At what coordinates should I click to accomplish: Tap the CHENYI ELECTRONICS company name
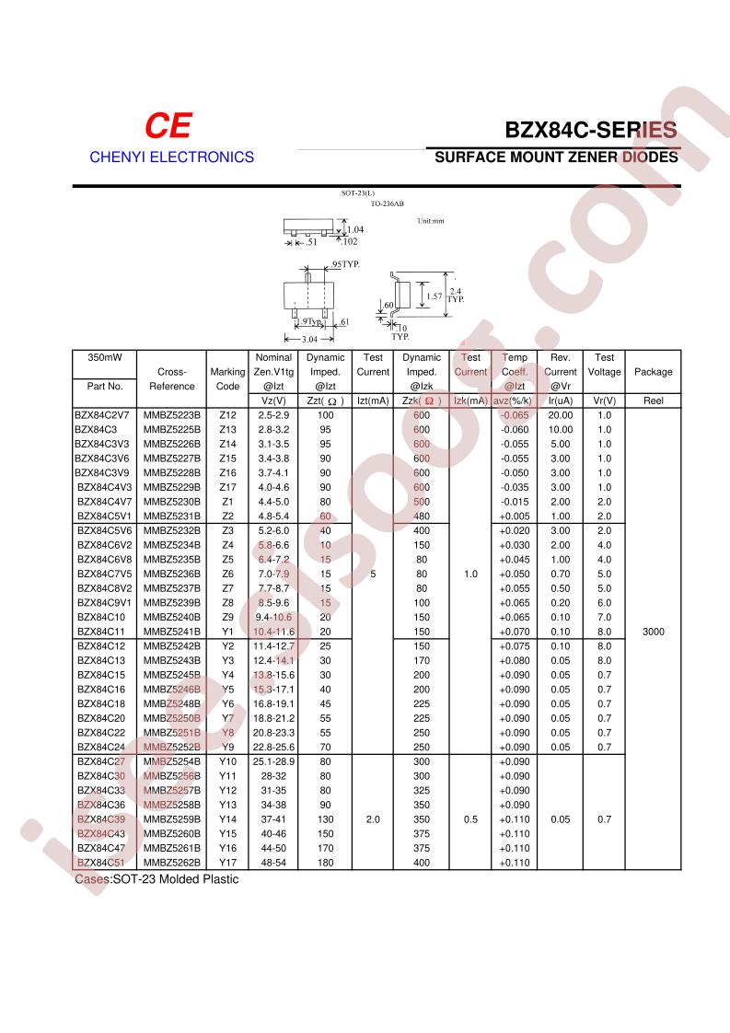[171, 157]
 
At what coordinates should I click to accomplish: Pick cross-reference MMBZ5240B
[171, 616]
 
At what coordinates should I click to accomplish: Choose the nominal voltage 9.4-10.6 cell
[273, 616]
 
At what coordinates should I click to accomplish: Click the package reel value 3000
[652, 632]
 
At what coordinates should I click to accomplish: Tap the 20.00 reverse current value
[561, 415]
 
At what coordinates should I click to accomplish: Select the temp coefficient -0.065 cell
[514, 415]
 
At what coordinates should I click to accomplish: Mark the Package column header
[653, 372]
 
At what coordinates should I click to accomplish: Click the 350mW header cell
[104, 357]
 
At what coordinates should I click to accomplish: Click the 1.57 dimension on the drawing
[435, 297]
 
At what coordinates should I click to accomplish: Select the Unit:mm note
[430, 221]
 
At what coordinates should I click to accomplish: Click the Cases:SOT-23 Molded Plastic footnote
[156, 879]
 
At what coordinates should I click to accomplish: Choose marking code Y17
[228, 863]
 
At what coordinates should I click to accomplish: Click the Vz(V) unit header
[273, 400]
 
